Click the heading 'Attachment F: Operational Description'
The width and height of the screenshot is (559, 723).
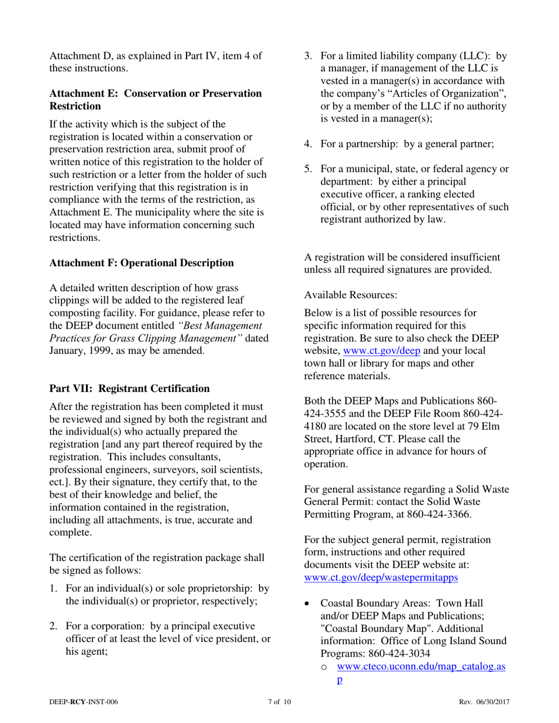(x=141, y=263)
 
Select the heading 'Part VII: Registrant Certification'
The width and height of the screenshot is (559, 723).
(x=129, y=389)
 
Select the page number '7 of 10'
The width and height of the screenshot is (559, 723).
(x=279, y=702)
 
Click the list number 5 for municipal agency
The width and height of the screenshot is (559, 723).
(x=308, y=169)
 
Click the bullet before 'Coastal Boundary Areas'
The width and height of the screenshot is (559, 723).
(x=308, y=604)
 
